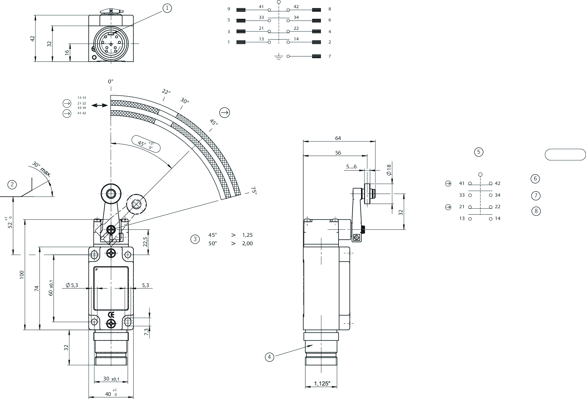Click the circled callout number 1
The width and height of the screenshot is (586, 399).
point(167,8)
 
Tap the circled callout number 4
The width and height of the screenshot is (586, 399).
point(269,357)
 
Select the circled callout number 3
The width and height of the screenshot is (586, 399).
point(195,239)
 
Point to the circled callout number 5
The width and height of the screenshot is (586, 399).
point(479,152)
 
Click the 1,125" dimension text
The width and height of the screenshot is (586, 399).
point(322,384)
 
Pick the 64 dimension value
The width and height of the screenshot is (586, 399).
point(338,138)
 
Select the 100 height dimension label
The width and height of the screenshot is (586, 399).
point(22,275)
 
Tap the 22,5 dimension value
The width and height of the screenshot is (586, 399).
point(145,242)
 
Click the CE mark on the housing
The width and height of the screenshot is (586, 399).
point(111,315)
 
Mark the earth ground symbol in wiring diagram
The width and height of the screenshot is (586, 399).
point(278,57)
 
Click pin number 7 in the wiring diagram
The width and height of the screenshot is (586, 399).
point(330,56)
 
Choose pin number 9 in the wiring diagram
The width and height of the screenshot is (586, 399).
point(229,9)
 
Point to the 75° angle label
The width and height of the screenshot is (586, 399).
point(254,190)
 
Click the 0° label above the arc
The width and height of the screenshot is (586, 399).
point(111,81)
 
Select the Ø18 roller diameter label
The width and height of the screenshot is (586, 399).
point(389,170)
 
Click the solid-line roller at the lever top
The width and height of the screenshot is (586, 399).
point(111,194)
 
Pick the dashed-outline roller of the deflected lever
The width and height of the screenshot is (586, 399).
point(137,204)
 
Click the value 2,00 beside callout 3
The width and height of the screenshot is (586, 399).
point(247,244)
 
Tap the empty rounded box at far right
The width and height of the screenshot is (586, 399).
point(565,155)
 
